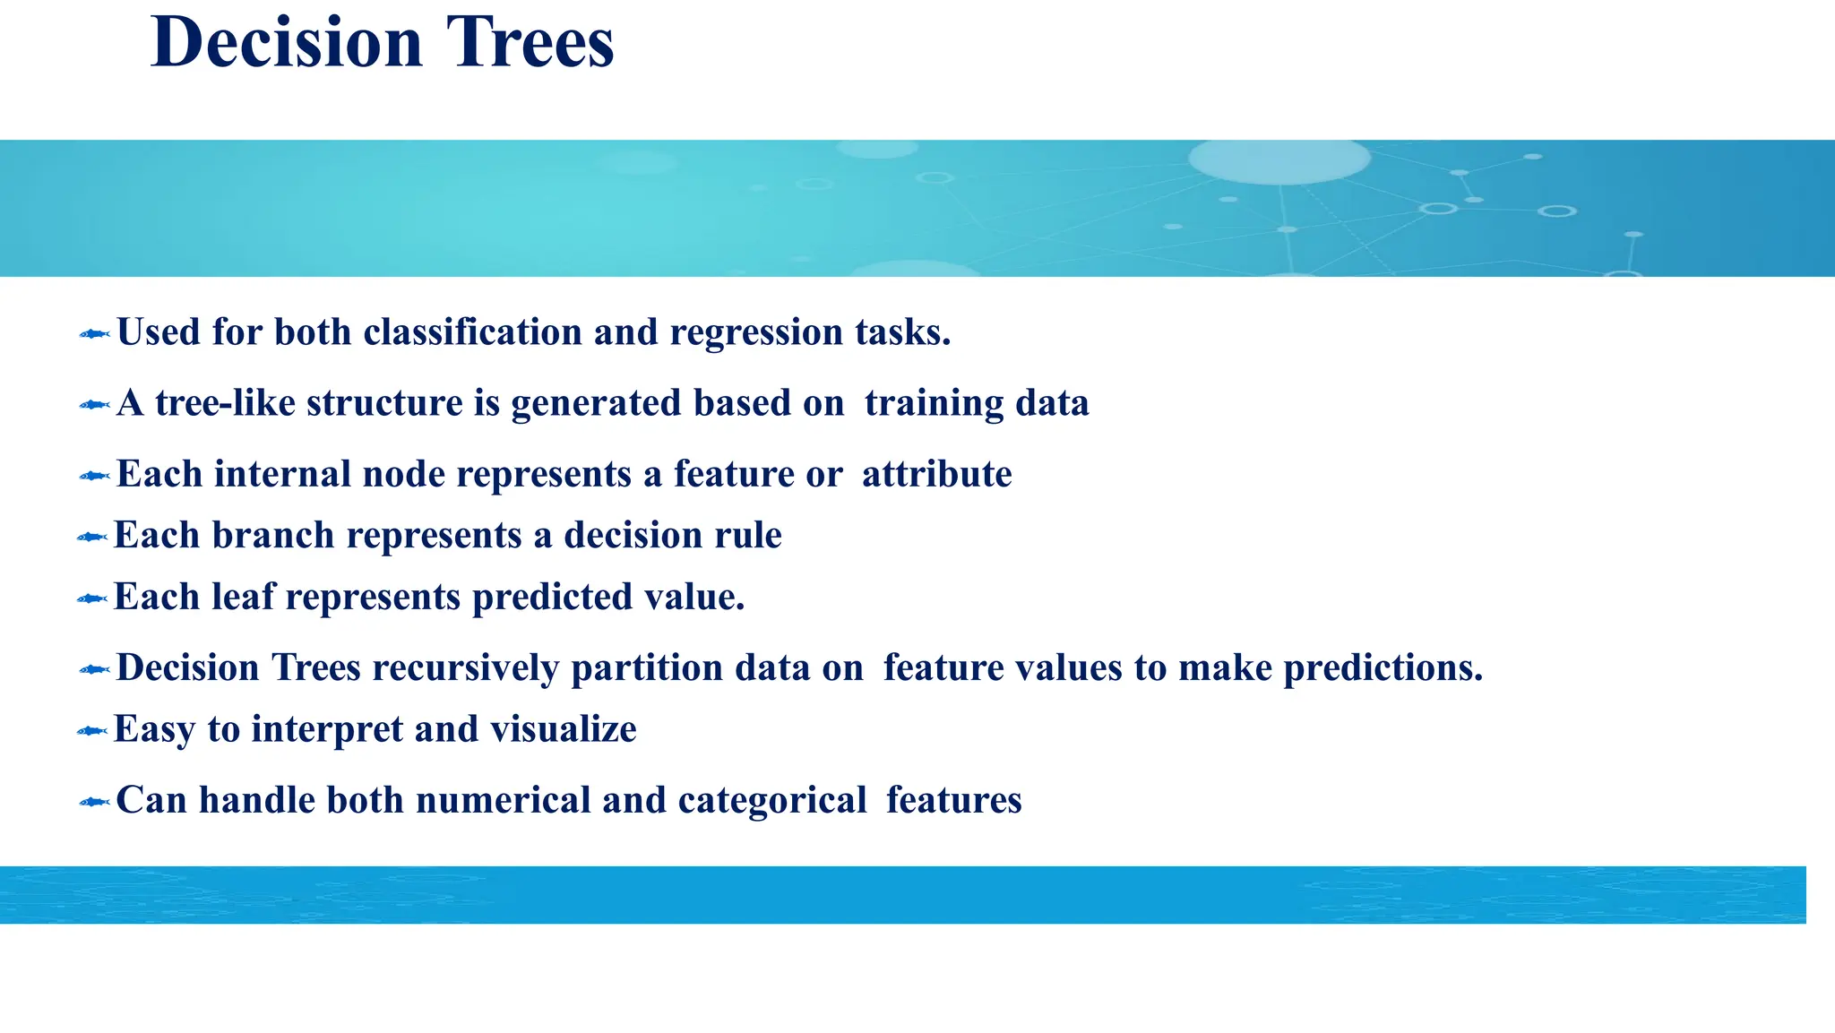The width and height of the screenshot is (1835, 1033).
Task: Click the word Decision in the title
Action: [x=287, y=43]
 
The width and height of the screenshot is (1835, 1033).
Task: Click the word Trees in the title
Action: [x=530, y=43]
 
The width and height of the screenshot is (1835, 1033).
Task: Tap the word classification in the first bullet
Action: [x=472, y=332]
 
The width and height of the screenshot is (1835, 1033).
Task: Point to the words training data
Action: [x=977, y=403]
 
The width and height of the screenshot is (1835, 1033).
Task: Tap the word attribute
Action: [x=936, y=474]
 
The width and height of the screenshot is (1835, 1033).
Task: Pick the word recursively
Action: [x=466, y=668]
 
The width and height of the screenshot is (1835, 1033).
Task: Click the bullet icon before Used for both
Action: [x=94, y=334]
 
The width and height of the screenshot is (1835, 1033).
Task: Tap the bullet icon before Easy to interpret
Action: [x=91, y=732]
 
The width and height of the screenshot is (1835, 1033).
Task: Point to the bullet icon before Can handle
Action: [x=94, y=802]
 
